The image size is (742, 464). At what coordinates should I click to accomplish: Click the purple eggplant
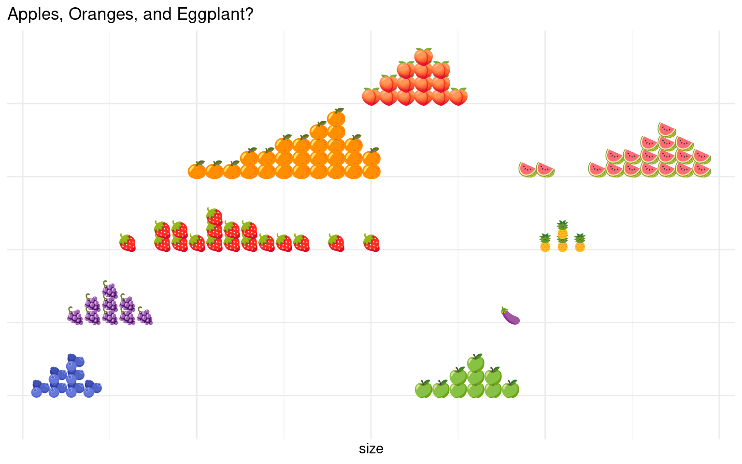coord(510,316)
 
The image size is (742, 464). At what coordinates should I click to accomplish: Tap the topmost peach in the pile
coord(423,57)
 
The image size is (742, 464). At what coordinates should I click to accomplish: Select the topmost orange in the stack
coord(336,117)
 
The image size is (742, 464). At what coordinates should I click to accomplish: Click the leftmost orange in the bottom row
coord(197,170)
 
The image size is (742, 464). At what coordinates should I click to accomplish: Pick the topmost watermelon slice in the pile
coord(667,130)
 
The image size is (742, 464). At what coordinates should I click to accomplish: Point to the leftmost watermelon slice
coord(528,170)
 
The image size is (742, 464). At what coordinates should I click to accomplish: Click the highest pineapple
coord(562,230)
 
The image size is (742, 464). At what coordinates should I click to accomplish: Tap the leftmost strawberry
coord(127,243)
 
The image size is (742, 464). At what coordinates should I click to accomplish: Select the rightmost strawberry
coord(371,243)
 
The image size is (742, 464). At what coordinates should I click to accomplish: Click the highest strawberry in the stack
coord(214,217)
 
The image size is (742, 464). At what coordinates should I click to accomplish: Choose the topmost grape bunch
coord(110,290)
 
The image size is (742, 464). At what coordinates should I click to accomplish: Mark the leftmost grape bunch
coord(75,316)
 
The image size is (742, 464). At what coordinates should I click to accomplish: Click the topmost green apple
coord(475,363)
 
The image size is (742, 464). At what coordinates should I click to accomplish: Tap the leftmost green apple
coord(423,389)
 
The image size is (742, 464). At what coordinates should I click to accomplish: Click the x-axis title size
coord(371,449)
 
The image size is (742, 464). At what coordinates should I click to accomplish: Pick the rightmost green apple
coord(510,389)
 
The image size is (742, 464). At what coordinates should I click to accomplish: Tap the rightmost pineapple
coord(580,243)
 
